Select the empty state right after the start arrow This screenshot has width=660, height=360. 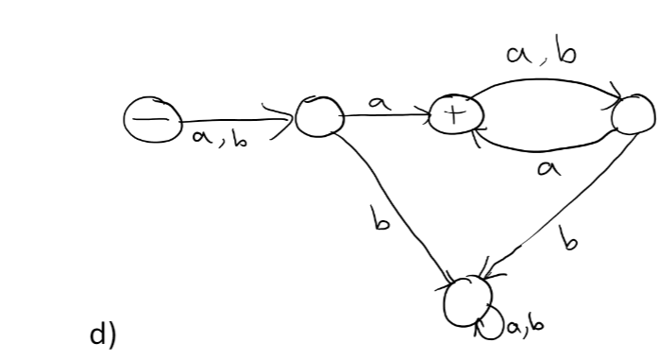(x=314, y=117)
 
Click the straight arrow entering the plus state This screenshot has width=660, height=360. (x=387, y=117)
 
